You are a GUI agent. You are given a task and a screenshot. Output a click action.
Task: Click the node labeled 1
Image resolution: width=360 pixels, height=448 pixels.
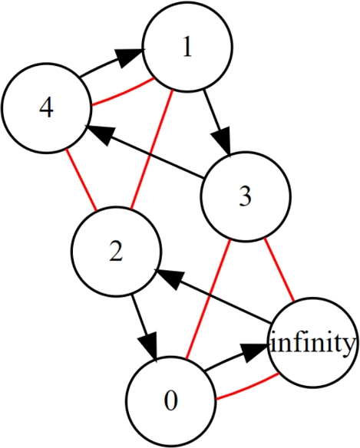coord(187,48)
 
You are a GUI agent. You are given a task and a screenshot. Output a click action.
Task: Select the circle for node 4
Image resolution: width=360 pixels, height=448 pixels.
coord(46,110)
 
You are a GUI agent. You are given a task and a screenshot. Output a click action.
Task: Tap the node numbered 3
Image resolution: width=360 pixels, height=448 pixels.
coord(245,197)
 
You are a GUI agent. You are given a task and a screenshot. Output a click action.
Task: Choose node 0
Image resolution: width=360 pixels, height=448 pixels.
coord(170,399)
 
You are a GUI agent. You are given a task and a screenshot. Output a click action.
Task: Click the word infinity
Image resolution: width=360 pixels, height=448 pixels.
coord(312,343)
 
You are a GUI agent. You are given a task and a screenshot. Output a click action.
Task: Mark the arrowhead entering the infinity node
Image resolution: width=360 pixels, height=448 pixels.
coord(258,352)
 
